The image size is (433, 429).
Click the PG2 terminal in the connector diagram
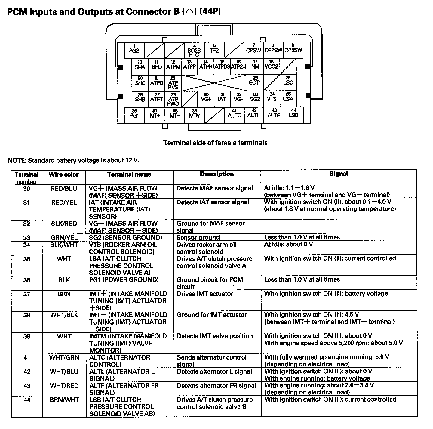coord(134,50)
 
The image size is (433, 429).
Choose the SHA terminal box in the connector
coord(140,66)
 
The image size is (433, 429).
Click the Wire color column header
coord(64,174)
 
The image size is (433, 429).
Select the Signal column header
coord(339,174)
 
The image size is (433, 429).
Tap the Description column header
coord(216,174)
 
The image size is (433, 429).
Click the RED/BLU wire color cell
coord(64,189)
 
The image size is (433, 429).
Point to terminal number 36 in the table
coord(27,280)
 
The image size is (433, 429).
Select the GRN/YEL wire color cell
coord(64,238)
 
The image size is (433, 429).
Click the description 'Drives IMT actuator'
coord(205,294)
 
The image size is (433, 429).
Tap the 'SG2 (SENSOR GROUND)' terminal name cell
coord(125,237)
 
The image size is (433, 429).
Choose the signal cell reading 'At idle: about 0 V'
coord(288,244)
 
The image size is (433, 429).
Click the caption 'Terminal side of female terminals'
coord(215,143)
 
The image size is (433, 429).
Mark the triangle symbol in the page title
coord(189,11)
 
